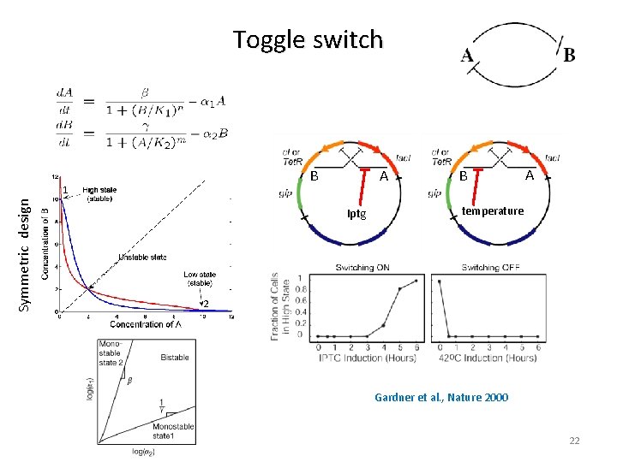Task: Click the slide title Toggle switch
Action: tap(308, 39)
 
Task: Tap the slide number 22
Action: tap(574, 441)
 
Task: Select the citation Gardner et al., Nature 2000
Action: tap(440, 397)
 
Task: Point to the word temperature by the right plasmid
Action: tap(493, 210)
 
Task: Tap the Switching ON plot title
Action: tap(362, 268)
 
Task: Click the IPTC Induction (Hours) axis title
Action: tap(367, 358)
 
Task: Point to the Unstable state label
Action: tap(142, 257)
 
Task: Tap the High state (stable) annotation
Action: tap(101, 194)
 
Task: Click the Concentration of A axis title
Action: tap(145, 324)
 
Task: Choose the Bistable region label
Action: tap(175, 357)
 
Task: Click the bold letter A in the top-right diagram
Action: tap(468, 56)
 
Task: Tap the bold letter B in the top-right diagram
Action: tap(570, 55)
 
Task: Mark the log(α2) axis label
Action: tap(147, 451)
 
